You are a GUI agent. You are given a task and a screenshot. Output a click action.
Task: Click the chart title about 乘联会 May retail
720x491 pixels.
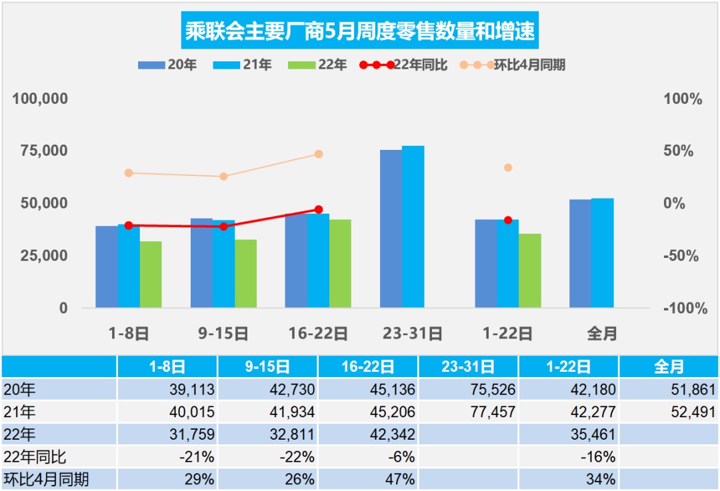[x=360, y=31]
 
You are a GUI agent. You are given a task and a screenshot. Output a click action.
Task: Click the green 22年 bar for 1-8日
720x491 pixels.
[x=151, y=274]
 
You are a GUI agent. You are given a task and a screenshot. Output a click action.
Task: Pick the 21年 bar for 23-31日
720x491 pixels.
[x=413, y=227]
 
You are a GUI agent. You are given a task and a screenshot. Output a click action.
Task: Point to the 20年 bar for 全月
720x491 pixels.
[x=580, y=253]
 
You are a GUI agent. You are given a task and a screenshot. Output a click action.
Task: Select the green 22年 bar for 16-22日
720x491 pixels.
[x=340, y=263]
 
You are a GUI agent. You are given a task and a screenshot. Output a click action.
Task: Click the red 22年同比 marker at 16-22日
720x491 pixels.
[x=318, y=210]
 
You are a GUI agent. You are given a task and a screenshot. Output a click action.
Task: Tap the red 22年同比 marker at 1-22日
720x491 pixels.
[x=508, y=220]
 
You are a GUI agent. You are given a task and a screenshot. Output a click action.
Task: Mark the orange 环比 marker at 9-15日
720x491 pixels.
[x=223, y=177]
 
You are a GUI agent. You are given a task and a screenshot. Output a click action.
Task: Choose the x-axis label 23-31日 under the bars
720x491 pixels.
[x=413, y=333]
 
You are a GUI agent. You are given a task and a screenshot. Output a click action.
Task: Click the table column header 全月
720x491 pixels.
[x=669, y=366]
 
